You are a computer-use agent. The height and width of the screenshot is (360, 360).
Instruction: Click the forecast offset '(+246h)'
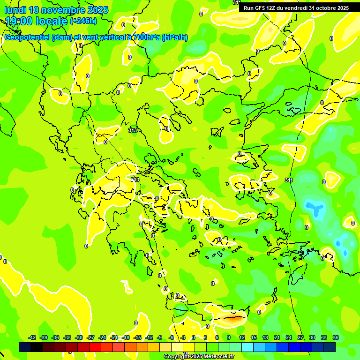(x=83, y=21)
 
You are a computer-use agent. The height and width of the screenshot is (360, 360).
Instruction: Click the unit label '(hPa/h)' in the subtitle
(x=174, y=37)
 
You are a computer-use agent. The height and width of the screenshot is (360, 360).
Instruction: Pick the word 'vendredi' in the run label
(x=294, y=8)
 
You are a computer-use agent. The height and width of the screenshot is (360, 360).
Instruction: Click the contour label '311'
(x=289, y=180)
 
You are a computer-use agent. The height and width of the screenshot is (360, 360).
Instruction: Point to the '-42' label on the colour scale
(x=32, y=337)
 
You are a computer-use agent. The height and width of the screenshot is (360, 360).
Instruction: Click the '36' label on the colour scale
(x=336, y=337)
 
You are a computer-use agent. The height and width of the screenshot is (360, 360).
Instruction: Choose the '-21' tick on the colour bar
(x=114, y=337)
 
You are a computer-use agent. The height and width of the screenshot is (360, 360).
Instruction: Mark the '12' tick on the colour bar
(x=242, y=337)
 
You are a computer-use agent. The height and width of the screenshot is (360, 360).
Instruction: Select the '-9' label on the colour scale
(x=160, y=337)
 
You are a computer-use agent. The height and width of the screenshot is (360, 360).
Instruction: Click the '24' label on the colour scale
(x=289, y=337)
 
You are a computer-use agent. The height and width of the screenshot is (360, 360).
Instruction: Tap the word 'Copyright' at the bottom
(x=176, y=356)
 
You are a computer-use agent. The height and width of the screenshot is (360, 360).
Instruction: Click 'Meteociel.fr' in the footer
(x=219, y=356)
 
